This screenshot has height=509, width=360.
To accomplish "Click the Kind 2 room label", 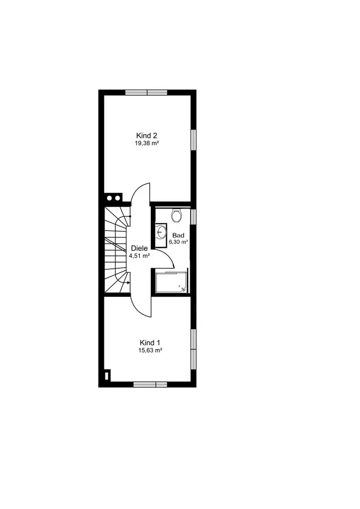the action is point(147,135).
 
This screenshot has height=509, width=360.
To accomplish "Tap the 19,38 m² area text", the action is point(147,143).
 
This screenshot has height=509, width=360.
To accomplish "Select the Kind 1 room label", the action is point(150,343).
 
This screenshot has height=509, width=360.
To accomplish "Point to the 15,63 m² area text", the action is point(150,350).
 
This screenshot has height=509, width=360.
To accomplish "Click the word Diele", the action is point(139,248).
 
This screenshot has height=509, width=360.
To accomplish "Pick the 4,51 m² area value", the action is point(139,256).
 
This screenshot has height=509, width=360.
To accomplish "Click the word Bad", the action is point(178,235).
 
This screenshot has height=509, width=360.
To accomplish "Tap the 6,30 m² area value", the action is point(179,242).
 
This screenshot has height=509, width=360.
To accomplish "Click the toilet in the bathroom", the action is point(177,215).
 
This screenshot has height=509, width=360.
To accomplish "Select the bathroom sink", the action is point(161,232).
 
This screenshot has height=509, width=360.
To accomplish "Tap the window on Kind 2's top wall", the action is point(147,93).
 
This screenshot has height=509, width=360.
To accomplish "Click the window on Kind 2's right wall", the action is point(193,140).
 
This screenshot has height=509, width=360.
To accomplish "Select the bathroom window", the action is point(193,217).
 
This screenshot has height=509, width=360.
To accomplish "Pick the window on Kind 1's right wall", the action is point(193,349).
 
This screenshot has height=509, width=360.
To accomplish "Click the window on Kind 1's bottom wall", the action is point(150,385).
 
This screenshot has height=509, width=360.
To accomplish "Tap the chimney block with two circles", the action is point(113,197).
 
